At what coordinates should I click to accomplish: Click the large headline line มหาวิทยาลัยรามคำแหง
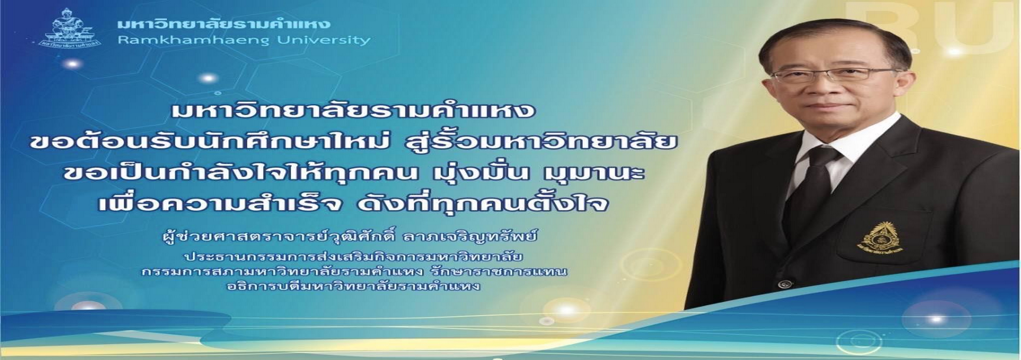353,110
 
